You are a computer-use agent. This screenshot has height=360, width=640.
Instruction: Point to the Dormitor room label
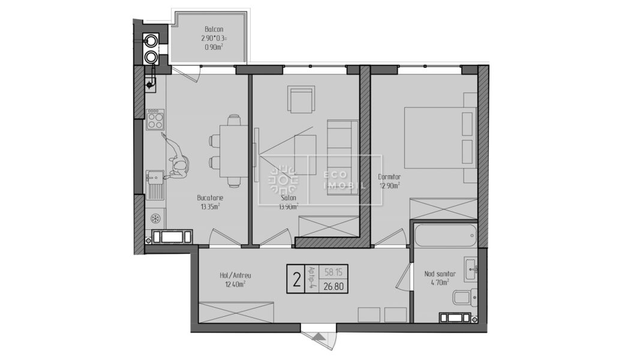[389, 177]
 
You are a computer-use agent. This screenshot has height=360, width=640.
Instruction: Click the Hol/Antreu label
[233, 275]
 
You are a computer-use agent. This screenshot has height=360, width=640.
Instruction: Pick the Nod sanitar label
[440, 274]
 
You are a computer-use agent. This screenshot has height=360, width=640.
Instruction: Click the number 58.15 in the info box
[333, 272]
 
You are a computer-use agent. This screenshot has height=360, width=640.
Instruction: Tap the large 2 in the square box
[296, 280]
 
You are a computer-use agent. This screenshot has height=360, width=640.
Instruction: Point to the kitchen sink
[155, 183]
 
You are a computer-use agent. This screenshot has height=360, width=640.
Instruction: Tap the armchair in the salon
[301, 99]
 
